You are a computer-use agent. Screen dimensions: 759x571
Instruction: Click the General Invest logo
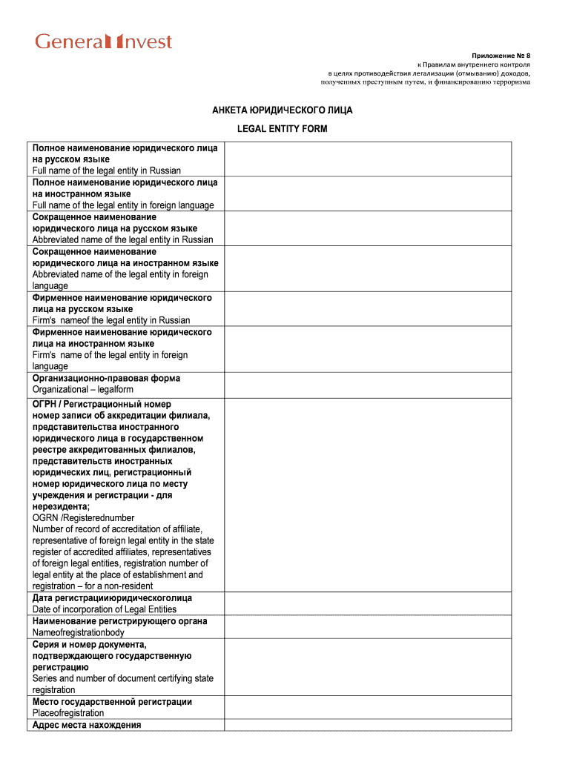click(104, 42)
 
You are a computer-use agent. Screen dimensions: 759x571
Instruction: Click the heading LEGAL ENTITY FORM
click(282, 129)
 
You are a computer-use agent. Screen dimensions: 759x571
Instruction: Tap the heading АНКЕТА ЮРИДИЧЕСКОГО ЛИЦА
click(282, 110)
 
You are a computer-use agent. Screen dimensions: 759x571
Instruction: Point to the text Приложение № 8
click(501, 56)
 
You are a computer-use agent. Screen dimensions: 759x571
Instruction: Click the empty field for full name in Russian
click(368, 159)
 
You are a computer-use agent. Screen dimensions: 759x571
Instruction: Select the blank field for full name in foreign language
click(368, 193)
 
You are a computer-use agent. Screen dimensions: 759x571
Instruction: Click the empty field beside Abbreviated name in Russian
click(368, 228)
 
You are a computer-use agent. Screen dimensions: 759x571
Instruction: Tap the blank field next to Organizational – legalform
click(368, 384)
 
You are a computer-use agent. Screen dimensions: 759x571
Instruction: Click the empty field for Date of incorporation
click(368, 603)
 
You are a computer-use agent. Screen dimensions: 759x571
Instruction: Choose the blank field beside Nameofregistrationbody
click(368, 626)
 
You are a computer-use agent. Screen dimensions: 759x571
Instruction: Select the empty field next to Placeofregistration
click(368, 707)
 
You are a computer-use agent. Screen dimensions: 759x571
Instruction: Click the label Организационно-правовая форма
click(106, 378)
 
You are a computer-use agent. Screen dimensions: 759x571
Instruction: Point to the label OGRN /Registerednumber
click(83, 517)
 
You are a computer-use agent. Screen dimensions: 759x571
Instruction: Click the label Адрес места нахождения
click(87, 725)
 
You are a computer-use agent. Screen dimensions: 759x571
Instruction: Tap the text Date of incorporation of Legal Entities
click(105, 609)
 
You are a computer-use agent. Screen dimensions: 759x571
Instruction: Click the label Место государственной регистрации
click(112, 701)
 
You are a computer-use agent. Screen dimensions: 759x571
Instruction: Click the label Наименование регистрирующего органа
click(119, 621)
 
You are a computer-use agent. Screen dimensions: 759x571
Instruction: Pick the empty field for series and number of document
click(368, 667)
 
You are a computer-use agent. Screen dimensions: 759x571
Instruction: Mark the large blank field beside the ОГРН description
click(368, 494)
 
